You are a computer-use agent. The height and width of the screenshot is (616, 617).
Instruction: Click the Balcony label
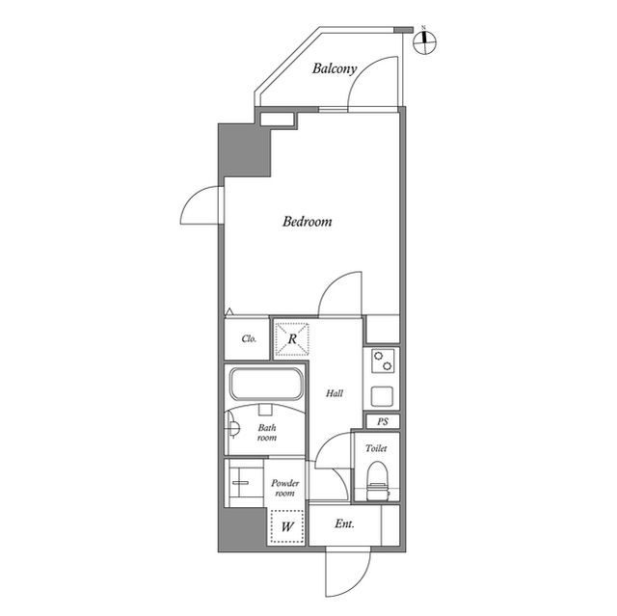tap(335, 68)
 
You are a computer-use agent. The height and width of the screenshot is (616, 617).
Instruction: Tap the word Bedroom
tap(307, 222)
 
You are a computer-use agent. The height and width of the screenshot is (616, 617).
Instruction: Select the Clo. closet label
tap(249, 338)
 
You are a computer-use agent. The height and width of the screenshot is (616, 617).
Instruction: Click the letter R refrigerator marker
tap(292, 339)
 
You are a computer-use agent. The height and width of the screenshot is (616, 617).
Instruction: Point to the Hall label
tap(335, 393)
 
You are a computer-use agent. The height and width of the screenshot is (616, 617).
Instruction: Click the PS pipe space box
tap(383, 421)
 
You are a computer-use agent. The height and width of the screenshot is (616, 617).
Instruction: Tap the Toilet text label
tap(376, 448)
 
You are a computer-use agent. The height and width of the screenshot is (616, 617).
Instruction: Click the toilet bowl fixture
tap(377, 481)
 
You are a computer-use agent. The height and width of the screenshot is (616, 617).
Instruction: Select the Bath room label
tap(267, 432)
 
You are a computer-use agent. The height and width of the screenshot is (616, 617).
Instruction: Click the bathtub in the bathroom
tap(266, 384)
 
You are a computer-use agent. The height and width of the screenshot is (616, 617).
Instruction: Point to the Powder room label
tap(285, 488)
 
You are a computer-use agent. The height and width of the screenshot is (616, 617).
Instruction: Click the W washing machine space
tap(287, 526)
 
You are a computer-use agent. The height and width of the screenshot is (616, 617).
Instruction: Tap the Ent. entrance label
tap(345, 524)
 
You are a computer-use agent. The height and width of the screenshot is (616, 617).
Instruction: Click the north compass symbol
tap(424, 41)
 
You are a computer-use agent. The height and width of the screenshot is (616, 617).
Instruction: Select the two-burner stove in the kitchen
tap(383, 362)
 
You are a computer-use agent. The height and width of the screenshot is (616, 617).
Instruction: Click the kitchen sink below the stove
tap(382, 396)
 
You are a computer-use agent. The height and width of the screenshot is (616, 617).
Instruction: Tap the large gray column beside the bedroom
tap(245, 150)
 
